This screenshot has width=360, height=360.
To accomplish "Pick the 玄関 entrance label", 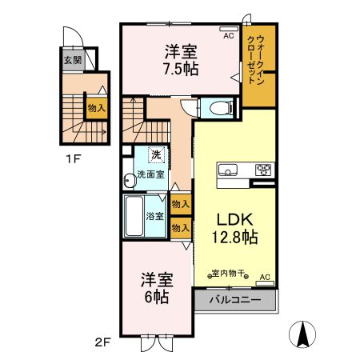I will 73,60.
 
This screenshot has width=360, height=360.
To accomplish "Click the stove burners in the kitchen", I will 263,169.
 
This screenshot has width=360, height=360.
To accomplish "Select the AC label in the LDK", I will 266,277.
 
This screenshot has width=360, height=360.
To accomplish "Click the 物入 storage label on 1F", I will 96,108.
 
